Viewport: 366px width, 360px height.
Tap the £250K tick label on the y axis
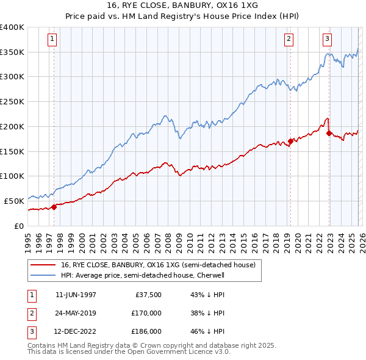(x=12, y=101)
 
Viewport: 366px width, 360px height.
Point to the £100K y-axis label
(x=12, y=176)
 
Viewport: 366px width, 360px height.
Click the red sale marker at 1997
(x=54, y=206)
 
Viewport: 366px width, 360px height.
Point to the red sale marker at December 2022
(x=329, y=133)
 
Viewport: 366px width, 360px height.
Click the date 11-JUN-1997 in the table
(x=76, y=295)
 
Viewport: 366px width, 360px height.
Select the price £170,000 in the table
(x=146, y=313)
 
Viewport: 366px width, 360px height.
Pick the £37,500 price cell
(x=148, y=295)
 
